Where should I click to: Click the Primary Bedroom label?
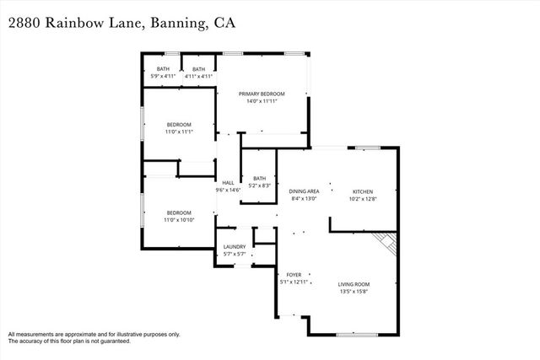click(262, 94)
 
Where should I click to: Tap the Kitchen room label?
click(362, 192)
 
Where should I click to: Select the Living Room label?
click(354, 284)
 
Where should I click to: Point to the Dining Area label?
click(304, 192)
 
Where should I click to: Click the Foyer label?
click(294, 275)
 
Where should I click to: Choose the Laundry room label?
click(235, 247)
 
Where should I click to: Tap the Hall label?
click(228, 183)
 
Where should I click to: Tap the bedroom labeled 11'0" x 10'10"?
click(179, 212)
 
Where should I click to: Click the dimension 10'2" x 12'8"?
click(362, 200)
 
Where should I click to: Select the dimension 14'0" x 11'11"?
click(262, 101)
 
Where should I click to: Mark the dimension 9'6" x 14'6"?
click(228, 191)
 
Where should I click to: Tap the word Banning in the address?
click(175, 24)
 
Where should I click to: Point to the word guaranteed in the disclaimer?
click(111, 341)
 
